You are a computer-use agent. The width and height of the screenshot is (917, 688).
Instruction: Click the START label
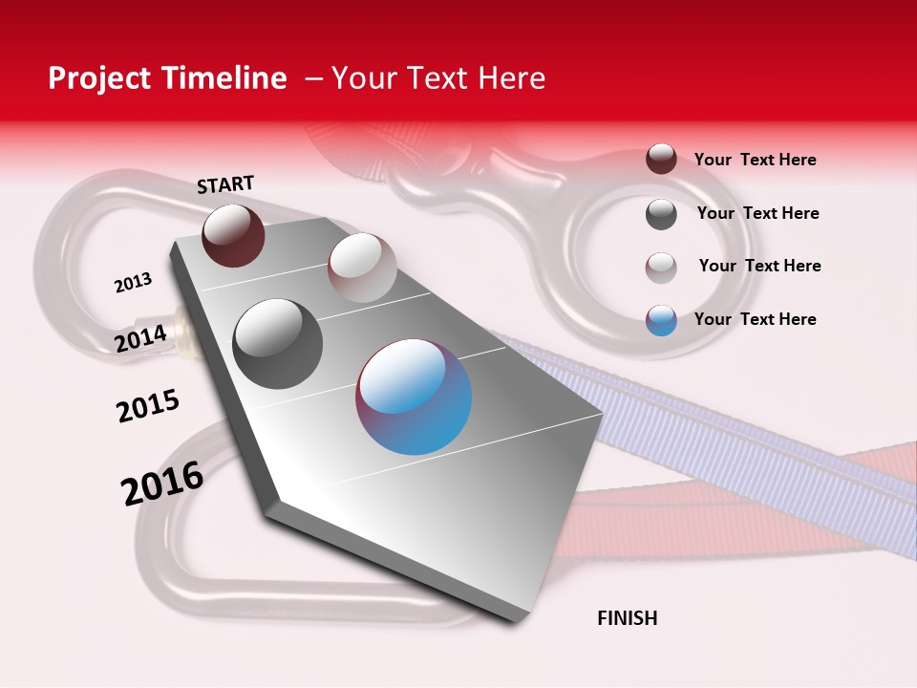225,184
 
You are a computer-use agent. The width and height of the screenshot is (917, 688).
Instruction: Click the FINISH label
627,618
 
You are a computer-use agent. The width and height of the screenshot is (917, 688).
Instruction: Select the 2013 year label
133,283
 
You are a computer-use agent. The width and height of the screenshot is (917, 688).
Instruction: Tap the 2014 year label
141,338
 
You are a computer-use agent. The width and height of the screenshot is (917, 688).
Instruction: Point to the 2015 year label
148,405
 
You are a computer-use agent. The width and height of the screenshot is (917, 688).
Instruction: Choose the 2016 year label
162,483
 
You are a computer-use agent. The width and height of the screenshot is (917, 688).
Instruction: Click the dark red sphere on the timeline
233,235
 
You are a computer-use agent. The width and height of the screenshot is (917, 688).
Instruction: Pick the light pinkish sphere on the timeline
362,267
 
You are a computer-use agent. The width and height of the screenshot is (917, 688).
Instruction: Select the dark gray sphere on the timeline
278,344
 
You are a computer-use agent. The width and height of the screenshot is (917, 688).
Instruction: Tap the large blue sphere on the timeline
414,396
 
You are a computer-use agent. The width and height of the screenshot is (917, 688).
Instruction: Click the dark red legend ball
661,159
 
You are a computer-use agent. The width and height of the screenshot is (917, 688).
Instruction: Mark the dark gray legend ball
661,214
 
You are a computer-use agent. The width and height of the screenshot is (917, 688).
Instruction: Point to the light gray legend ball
661,268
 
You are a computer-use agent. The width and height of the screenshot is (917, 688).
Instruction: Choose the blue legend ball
661,320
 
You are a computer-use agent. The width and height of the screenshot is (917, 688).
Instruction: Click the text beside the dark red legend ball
755,160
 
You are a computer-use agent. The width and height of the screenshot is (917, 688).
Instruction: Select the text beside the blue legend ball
755,319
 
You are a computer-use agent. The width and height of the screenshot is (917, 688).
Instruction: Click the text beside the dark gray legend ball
757,213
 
